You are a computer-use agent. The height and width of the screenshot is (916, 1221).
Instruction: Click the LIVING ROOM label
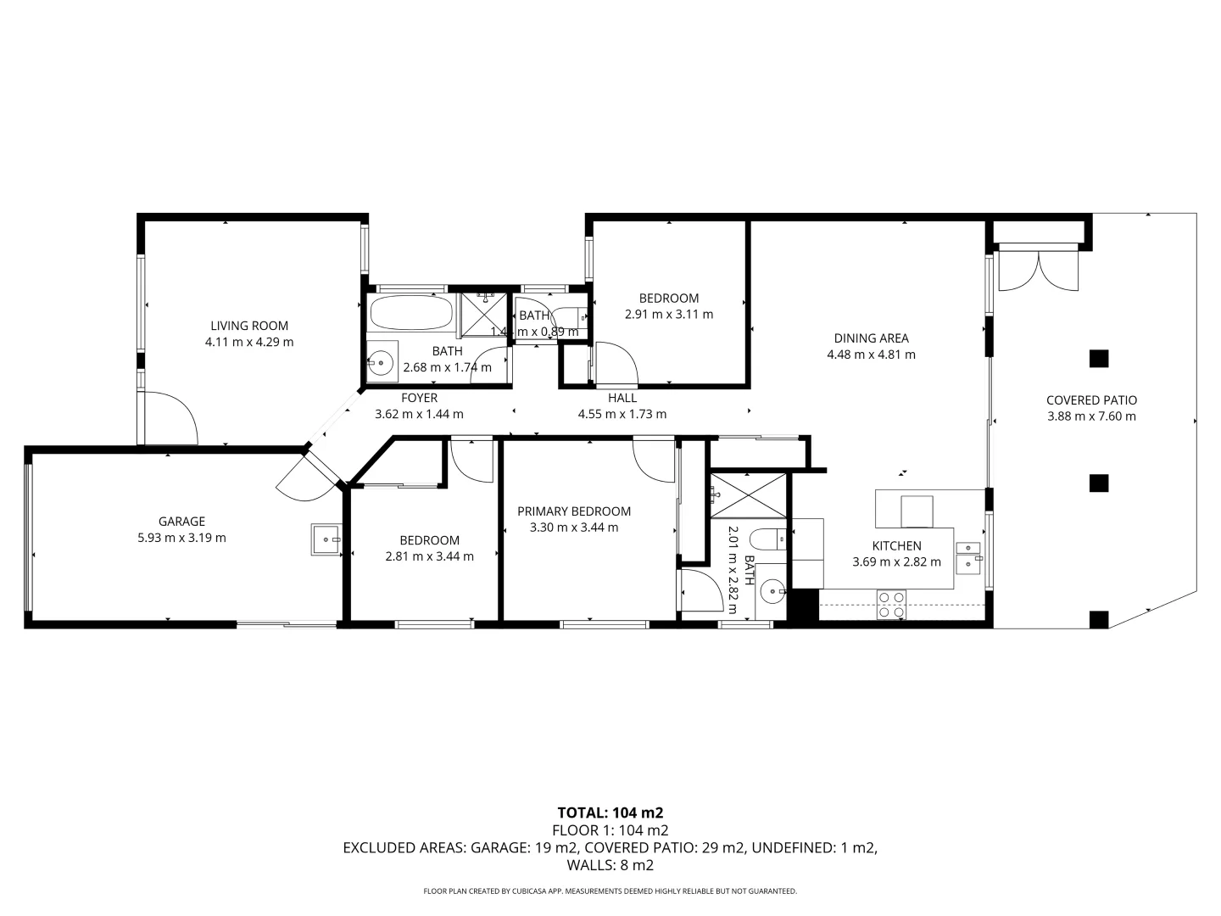tap(249, 326)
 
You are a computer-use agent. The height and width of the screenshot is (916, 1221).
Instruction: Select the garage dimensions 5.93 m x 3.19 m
tap(181, 538)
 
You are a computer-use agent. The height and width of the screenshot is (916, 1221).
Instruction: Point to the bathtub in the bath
tap(411, 313)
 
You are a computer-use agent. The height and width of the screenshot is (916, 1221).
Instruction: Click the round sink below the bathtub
tap(382, 362)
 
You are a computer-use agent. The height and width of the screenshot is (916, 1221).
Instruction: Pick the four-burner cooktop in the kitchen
tap(891, 604)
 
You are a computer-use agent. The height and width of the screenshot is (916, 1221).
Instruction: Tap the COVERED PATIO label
tap(1091, 400)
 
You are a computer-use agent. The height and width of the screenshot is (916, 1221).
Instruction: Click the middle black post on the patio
tap(1099, 483)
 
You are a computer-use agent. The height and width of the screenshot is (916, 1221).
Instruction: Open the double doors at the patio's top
tap(1039, 271)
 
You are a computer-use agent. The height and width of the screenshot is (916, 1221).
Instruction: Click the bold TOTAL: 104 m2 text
tap(610, 813)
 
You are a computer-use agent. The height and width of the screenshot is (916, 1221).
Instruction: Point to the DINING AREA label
tap(871, 338)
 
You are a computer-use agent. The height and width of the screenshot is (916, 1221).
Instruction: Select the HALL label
tap(622, 398)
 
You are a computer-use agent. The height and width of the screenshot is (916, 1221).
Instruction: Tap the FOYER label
tap(419, 398)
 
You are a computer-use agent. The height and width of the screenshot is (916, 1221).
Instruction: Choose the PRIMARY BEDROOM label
tap(574, 511)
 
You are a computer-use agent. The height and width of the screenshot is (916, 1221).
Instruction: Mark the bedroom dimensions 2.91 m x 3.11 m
tap(669, 314)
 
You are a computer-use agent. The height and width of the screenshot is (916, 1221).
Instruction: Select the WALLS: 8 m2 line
tap(610, 866)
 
